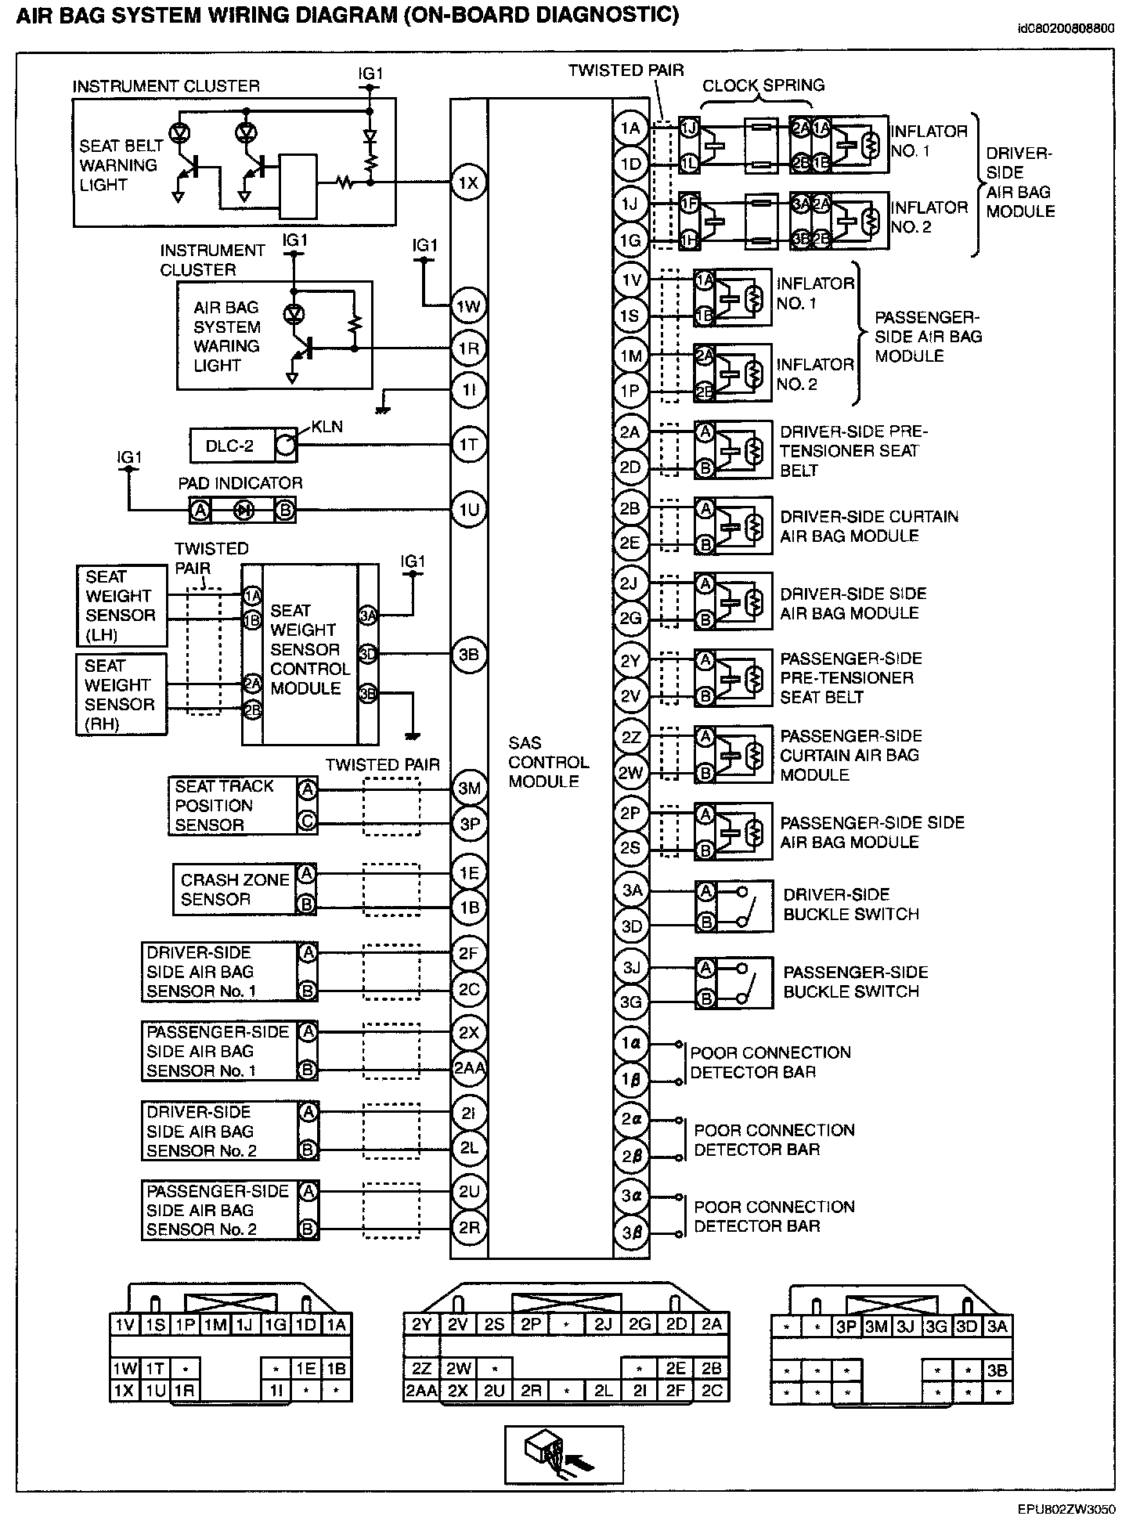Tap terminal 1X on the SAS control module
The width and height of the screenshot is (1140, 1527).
click(468, 183)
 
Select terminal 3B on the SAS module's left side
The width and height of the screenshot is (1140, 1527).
click(468, 655)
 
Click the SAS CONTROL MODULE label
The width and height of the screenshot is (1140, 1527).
click(548, 762)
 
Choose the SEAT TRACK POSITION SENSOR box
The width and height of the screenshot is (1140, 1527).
click(233, 805)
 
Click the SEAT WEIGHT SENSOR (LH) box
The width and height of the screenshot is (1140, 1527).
click(121, 605)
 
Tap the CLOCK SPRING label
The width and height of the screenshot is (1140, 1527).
click(763, 85)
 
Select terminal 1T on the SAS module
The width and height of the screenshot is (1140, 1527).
click(468, 445)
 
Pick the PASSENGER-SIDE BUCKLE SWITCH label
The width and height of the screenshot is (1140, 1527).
click(855, 982)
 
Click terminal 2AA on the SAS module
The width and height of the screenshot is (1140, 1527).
click(468, 1068)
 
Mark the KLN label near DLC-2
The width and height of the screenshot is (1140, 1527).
click(326, 427)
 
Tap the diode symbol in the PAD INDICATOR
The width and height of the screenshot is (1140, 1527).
click(244, 511)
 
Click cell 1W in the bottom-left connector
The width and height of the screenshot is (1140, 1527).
click(124, 1368)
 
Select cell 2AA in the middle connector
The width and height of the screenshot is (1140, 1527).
click(422, 1391)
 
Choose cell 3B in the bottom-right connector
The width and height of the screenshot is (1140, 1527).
click(997, 1371)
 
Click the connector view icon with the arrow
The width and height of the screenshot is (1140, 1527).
click(564, 1454)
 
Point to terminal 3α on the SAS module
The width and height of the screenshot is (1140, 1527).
click(631, 1196)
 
